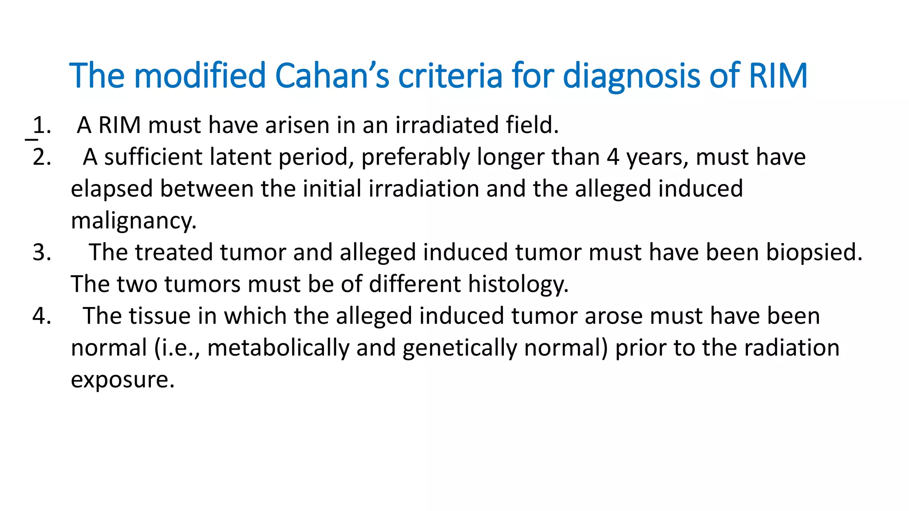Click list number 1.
click(x=41, y=125)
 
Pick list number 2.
click(x=41, y=157)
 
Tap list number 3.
click(x=41, y=252)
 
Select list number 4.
click(x=41, y=316)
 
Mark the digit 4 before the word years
click(x=613, y=157)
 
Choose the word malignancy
click(x=134, y=221)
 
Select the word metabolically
click(x=278, y=348)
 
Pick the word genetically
click(x=457, y=348)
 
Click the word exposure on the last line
click(x=123, y=380)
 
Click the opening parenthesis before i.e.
click(x=158, y=348)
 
